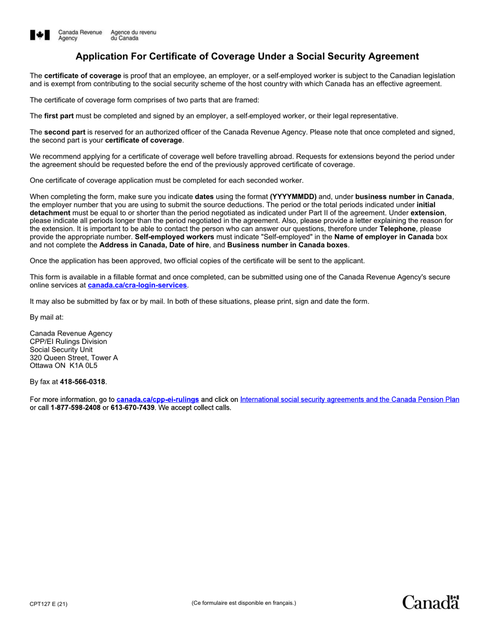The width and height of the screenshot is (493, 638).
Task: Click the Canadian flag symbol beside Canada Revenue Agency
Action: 40,35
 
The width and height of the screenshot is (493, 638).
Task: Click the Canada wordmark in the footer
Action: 431,602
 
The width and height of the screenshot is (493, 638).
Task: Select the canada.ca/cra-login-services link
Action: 137,285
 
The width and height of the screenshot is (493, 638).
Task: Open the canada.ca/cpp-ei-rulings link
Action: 158,399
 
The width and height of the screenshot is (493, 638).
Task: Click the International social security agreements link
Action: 349,399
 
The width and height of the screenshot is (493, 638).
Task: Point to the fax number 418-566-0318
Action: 83,382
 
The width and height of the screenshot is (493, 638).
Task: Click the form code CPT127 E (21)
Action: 48,603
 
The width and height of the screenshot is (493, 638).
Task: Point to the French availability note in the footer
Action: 243,603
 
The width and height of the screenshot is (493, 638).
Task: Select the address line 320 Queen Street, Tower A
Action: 74,357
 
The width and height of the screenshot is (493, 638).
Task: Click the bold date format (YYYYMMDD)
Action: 293,197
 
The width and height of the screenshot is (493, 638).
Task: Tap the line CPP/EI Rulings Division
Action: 69,341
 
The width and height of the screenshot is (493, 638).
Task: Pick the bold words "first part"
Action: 59,116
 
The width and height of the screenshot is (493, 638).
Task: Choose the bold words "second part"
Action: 64,132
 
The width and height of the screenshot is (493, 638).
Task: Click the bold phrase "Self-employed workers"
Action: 174,237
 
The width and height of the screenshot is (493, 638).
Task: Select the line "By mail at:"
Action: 47,317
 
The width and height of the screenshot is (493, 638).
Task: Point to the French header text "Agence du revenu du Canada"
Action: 133,35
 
